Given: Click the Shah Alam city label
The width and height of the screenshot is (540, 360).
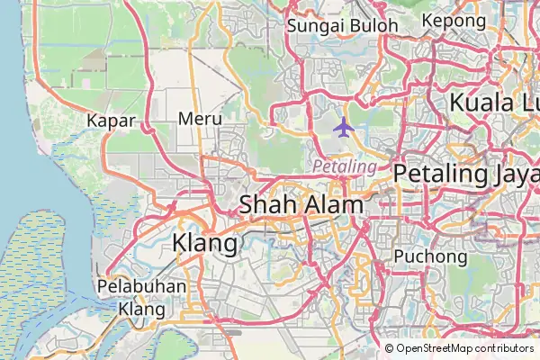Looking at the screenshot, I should coord(301,204).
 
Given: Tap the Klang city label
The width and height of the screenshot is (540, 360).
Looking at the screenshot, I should coord(204,242).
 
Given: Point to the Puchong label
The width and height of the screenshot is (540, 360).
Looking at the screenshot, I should coord(431,257).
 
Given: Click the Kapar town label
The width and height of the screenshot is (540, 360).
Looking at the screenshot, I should coord(112,120).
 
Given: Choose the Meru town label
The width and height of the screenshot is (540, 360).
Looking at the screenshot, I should coord(200,118).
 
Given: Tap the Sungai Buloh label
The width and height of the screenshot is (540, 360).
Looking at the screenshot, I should coord(342,25).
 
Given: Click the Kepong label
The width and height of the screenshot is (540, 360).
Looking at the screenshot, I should coord(453,20).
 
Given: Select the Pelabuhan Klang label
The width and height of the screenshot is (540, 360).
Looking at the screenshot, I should coord(142,298).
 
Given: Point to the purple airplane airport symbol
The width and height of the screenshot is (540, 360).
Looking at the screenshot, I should coord(343,127).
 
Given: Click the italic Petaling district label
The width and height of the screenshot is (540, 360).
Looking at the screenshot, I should coord(345,166).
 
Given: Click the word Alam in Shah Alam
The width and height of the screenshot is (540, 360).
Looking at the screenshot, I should coord(333,204).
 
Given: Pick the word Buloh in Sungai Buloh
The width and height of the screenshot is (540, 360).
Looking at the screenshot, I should coord(373,25).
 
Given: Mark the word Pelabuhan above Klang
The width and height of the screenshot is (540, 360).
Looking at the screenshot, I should coord(142,288).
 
